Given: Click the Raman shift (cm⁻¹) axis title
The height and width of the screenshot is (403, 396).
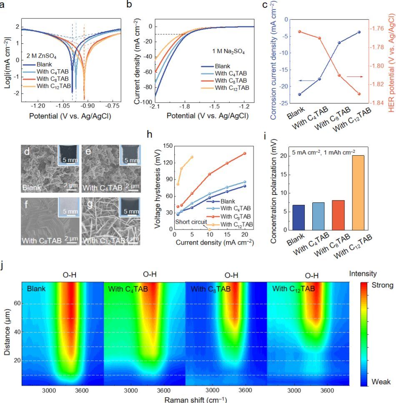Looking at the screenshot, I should (x=195, y=400).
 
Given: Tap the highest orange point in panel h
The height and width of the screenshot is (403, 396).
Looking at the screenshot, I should (x=192, y=157).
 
